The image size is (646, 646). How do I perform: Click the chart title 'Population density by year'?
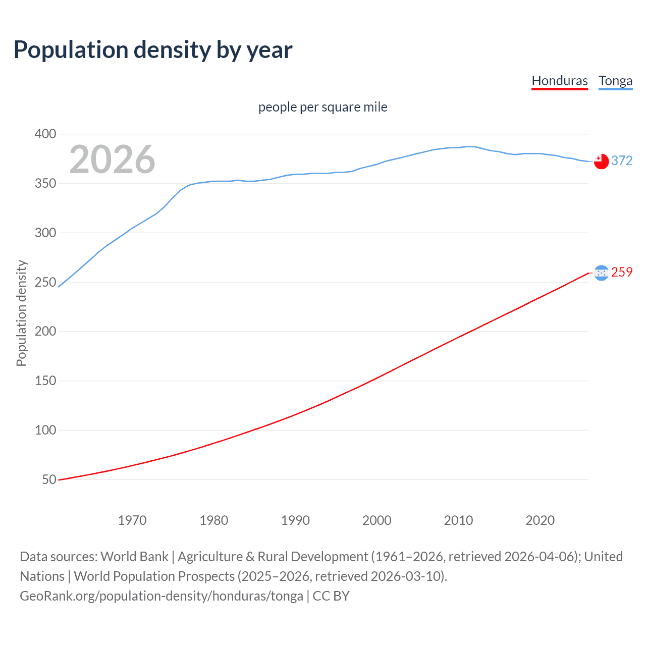click(153, 50)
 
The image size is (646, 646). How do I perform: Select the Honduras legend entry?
click(560, 81)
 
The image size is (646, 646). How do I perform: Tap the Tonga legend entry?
click(615, 81)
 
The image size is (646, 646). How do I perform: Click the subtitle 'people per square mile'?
click(323, 107)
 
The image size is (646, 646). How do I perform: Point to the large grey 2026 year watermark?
click(112, 159)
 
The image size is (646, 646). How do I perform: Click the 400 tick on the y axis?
click(45, 134)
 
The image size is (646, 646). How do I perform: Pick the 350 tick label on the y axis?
click(45, 184)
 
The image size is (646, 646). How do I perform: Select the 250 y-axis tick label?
click(45, 282)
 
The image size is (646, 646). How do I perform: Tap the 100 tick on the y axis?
click(45, 430)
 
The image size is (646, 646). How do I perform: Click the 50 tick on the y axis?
click(49, 480)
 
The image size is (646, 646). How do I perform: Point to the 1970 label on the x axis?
click(132, 520)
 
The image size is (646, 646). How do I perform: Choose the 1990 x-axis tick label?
click(295, 520)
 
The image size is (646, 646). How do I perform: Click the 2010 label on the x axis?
click(458, 520)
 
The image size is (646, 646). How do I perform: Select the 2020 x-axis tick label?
click(540, 520)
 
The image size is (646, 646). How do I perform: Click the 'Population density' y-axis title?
click(21, 313)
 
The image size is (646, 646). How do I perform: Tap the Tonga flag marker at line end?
click(601, 161)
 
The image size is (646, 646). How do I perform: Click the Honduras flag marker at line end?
click(601, 273)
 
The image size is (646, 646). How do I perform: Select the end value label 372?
click(622, 160)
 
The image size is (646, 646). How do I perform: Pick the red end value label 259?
click(622, 272)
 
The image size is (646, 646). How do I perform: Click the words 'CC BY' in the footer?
click(331, 596)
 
